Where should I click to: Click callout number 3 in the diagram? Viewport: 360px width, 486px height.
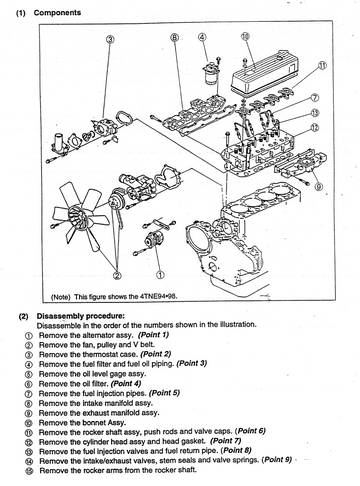point(110,39)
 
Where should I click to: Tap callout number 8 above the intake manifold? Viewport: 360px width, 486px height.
point(175,37)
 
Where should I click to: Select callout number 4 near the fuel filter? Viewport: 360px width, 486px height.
point(202,37)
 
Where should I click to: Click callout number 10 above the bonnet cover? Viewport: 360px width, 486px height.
point(245,36)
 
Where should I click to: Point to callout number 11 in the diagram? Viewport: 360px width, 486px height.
point(322,66)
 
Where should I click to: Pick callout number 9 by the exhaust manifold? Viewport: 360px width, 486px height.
point(319,186)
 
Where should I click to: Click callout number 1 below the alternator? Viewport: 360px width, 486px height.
point(160,275)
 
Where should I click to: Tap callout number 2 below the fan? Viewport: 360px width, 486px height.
point(117,275)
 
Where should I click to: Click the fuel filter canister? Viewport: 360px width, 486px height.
point(210,76)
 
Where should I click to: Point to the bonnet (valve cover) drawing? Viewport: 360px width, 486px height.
point(263,71)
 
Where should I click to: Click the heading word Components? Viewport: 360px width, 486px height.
point(57,13)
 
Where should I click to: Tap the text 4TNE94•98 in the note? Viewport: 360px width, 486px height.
point(158,296)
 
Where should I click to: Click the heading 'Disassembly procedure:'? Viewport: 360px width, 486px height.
point(81,316)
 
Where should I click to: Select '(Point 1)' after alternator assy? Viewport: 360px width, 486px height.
point(154,334)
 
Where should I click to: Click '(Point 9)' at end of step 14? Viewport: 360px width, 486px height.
point(277,460)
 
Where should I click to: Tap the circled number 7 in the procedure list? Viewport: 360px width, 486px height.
point(29,394)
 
